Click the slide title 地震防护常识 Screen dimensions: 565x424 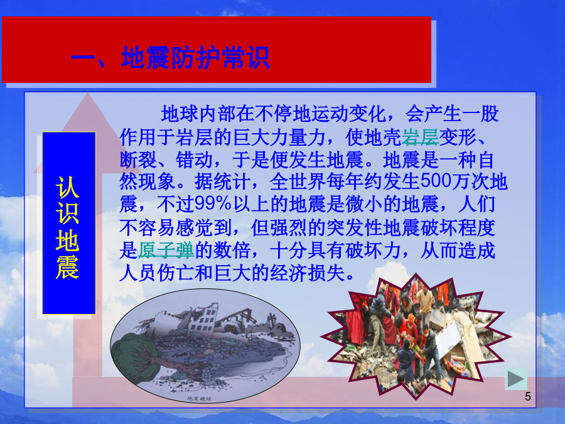pos(195,58)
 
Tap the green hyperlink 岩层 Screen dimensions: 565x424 pos(420,137)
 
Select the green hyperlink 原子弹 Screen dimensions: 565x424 pos(166,250)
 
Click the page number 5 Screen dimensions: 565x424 pos(527,396)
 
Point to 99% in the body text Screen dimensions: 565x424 pos(213,204)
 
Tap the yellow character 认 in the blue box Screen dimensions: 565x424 pos(67,187)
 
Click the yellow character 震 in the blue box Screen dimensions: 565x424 pos(67,268)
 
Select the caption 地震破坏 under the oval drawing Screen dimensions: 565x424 pos(199,399)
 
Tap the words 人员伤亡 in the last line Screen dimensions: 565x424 pos(157,273)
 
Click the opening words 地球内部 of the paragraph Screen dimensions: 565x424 pos(198,114)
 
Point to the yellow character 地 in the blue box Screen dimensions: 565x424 pos(67,241)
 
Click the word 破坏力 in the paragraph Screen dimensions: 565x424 pos(373,250)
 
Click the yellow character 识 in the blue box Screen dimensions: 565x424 pos(67,214)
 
